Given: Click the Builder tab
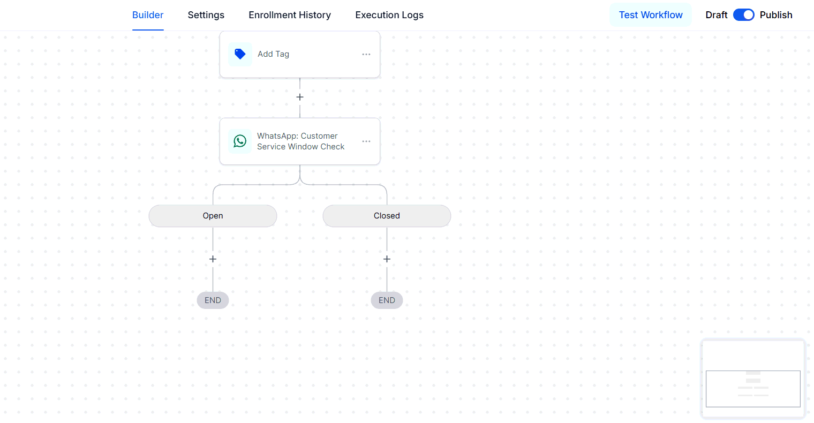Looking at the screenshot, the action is pos(148,15).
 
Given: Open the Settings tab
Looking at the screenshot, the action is pos(206,15).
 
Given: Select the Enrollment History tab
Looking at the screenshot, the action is pos(290,15).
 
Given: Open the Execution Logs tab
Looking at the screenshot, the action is pos(389,15).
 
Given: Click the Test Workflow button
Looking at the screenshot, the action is pos(651,15).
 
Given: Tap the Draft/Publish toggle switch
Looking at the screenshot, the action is pos(743,15).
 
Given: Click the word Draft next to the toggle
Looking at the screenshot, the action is pos(716,15).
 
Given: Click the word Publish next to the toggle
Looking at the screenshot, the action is pos(776,15).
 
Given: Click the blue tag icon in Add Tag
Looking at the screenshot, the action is pos(240,54).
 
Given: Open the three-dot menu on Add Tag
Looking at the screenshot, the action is pos(366,54).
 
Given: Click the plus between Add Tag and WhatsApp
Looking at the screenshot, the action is pos(300,97).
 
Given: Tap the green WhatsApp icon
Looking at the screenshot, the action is pos(240,141).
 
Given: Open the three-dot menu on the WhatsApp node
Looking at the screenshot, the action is pos(366,141).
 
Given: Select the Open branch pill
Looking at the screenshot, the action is pos(213,216).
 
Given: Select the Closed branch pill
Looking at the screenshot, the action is pos(387,216).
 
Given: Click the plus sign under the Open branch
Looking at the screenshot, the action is pos(213,259).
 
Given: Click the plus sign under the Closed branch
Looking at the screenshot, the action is pos(387,259).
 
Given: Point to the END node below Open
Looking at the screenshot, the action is pos(213,300).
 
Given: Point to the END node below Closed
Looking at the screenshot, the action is pos(387,300).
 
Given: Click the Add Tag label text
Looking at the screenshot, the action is pos(273,54).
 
